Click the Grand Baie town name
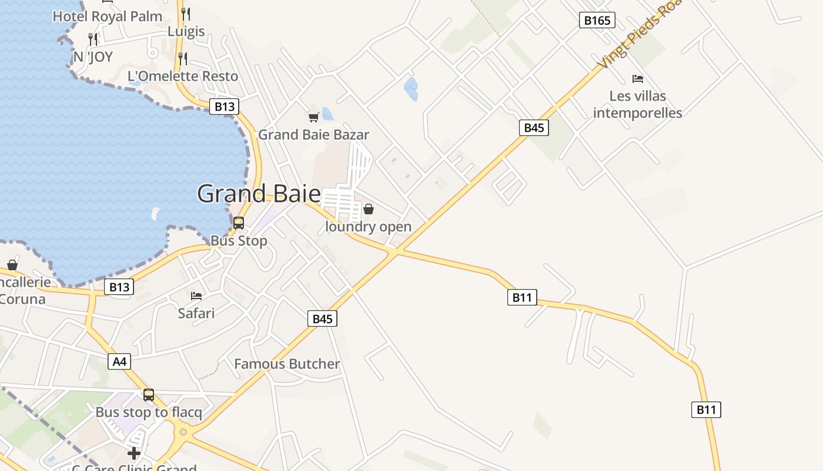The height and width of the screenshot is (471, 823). [x=259, y=194]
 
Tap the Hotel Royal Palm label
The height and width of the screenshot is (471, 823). [x=108, y=16]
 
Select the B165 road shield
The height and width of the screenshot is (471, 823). [x=597, y=21]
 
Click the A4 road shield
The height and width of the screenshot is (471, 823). [x=119, y=361]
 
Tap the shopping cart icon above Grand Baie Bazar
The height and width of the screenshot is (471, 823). [x=314, y=117]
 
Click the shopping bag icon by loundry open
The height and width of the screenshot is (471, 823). [x=369, y=209]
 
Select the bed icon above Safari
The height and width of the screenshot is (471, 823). [x=196, y=296]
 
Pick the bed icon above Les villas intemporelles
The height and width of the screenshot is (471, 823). [x=638, y=78]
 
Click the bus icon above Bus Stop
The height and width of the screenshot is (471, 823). [x=239, y=223]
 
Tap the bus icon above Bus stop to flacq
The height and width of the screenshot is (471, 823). [x=149, y=395]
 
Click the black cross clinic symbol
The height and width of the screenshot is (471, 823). [x=134, y=453]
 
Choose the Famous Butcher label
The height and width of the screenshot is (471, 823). [x=287, y=364]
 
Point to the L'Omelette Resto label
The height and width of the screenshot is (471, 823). [x=183, y=76]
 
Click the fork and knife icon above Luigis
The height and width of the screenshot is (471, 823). [x=186, y=14]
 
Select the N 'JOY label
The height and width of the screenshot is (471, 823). [x=93, y=57]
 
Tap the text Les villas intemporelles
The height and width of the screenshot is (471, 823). [x=637, y=104]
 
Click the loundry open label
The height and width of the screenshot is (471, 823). [x=369, y=227]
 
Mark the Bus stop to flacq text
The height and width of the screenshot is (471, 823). [x=149, y=412]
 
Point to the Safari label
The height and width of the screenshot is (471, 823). [x=196, y=313]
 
